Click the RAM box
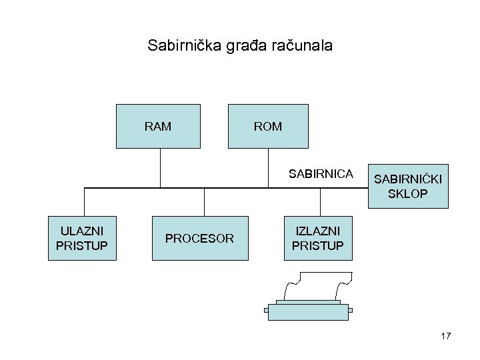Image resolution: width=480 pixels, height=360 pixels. point(158,125)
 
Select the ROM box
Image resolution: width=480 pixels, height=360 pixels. point(268,125)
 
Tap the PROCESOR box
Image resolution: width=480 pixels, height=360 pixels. point(199,238)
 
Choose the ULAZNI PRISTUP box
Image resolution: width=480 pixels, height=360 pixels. point(83,238)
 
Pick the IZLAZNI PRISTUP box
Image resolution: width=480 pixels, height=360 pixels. point(317,238)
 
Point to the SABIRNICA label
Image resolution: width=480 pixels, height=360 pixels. point(321,174)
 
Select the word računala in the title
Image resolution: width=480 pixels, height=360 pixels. point(297,47)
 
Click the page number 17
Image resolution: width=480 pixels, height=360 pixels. point(446,336)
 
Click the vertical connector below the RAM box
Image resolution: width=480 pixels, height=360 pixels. point(160,167)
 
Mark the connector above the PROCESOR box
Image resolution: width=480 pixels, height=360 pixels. point(204,202)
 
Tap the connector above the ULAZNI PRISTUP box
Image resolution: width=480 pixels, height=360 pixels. point(85,202)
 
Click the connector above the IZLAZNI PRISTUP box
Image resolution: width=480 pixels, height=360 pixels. point(321,202)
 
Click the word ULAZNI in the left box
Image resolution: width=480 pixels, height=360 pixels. point(83,231)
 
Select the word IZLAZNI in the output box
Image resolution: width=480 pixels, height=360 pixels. point(317,231)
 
